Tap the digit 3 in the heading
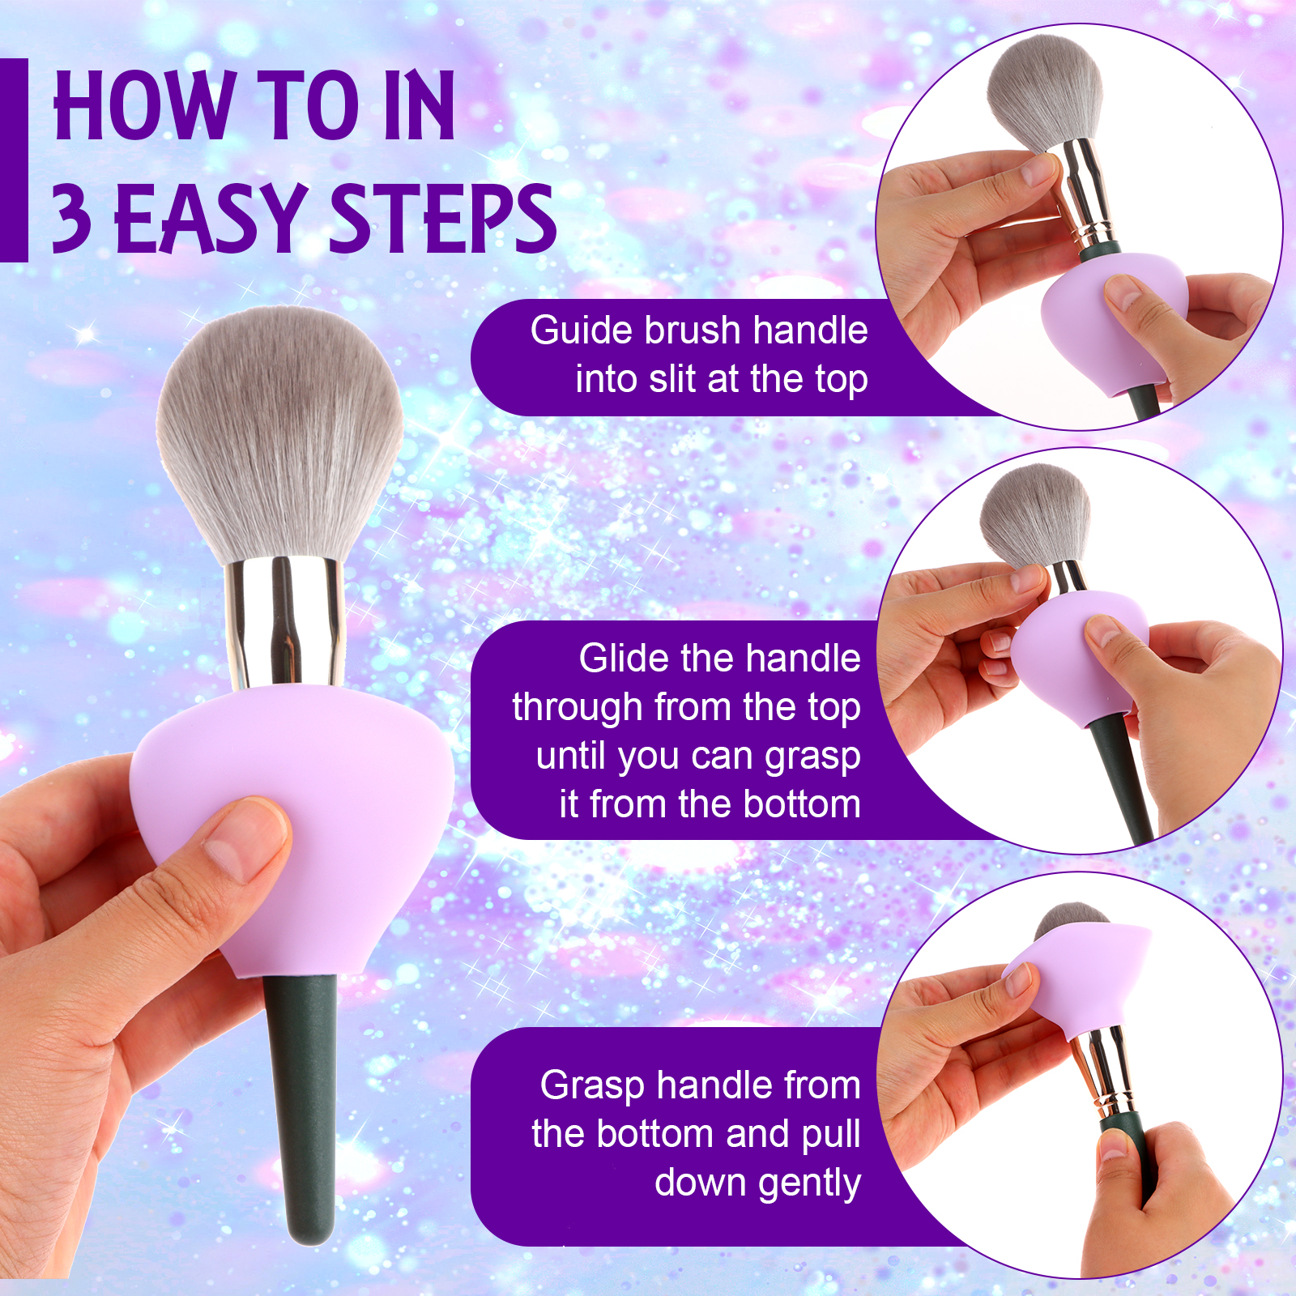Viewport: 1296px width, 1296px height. (71, 216)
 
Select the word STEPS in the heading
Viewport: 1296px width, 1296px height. (443, 216)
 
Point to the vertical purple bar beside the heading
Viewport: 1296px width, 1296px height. (14, 160)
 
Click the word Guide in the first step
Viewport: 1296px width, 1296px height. (580, 330)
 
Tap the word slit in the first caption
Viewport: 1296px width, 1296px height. (671, 379)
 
